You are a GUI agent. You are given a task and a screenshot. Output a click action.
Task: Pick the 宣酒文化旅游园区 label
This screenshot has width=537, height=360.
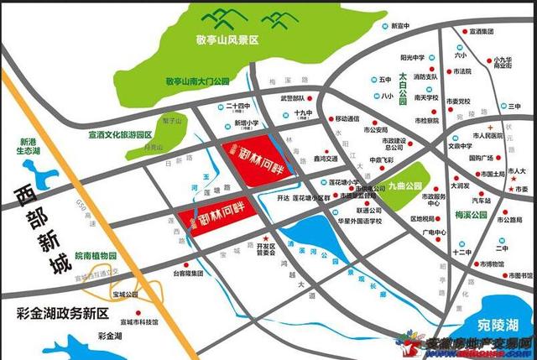click(120, 134)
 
